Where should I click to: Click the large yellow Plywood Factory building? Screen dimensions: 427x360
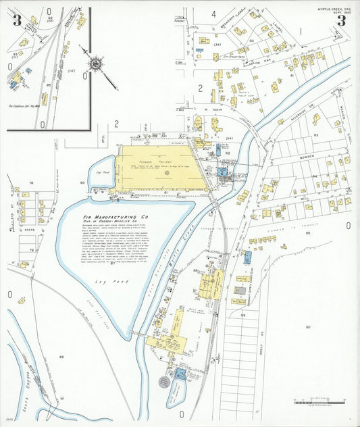[x=159, y=169]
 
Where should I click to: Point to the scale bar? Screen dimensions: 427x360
[x=315, y=403]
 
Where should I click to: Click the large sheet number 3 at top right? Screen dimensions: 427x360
[x=341, y=20]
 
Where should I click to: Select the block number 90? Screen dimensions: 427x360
[x=307, y=327]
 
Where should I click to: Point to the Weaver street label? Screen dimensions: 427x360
[x=342, y=128]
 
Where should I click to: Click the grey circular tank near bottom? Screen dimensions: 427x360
[x=163, y=381]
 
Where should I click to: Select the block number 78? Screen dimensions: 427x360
[x=30, y=183]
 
